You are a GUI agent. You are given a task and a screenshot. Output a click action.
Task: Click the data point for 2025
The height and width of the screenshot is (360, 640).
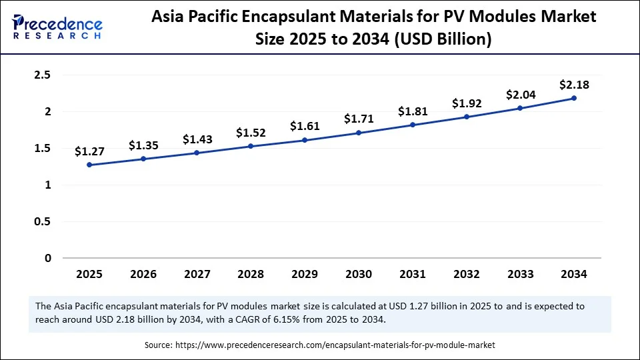(x=89, y=165)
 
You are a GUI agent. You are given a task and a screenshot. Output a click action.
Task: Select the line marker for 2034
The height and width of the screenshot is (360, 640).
(x=574, y=98)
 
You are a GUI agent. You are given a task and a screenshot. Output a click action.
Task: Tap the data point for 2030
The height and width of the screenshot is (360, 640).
(x=359, y=133)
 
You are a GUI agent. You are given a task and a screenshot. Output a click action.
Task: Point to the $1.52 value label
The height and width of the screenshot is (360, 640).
(x=251, y=132)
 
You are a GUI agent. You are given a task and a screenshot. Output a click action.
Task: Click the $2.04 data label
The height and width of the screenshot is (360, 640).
(x=520, y=94)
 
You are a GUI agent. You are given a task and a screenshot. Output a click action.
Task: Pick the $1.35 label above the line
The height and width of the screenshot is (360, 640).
(x=143, y=145)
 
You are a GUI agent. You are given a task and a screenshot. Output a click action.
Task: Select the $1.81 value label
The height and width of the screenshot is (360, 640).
(x=412, y=111)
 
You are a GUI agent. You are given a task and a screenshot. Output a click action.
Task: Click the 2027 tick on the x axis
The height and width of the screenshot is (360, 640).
(x=197, y=274)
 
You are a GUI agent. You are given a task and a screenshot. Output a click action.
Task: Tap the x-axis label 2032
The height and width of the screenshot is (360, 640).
(x=466, y=274)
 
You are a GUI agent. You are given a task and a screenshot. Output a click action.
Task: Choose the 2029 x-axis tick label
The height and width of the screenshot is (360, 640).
(x=305, y=274)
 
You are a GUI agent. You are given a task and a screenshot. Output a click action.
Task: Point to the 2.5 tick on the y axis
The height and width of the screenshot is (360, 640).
(x=43, y=75)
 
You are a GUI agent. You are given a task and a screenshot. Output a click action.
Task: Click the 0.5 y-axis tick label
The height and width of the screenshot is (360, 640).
(x=43, y=221)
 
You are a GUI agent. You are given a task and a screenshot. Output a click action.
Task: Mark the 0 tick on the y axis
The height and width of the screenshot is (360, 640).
(x=47, y=258)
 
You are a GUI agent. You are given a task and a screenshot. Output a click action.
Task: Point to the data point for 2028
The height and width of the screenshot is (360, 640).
(x=251, y=146)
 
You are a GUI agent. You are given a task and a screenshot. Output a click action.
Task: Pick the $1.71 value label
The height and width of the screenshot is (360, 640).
(x=359, y=119)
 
